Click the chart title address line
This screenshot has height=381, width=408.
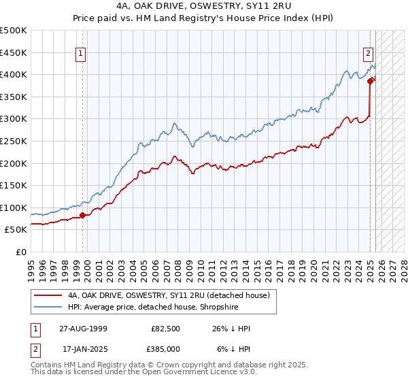coord(204,6)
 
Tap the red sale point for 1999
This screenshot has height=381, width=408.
coord(83,215)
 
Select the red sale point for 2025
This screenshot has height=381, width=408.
coord(371,81)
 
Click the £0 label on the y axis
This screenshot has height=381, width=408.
coord(20,252)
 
